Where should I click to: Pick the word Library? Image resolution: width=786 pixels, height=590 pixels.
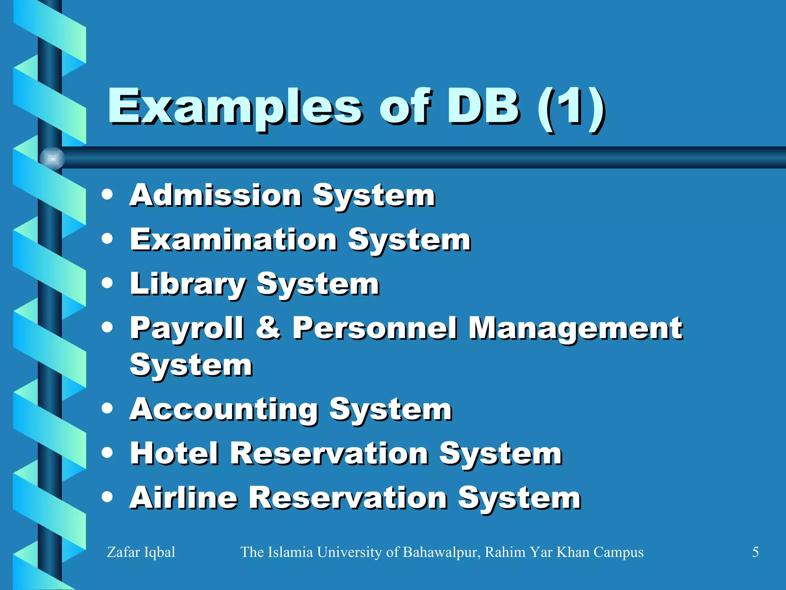188,284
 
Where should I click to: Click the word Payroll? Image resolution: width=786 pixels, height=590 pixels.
187,329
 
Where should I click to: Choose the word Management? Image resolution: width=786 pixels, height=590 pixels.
576,329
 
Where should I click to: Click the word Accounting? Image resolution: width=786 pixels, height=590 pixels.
224,409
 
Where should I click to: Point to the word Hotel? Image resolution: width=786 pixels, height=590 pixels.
175,453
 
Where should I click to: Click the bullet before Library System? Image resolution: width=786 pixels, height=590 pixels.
107,283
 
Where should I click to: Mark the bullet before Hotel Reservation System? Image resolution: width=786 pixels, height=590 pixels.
107,452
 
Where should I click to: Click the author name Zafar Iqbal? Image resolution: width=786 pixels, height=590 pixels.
141,552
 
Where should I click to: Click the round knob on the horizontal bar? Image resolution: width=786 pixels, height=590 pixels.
52,158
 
